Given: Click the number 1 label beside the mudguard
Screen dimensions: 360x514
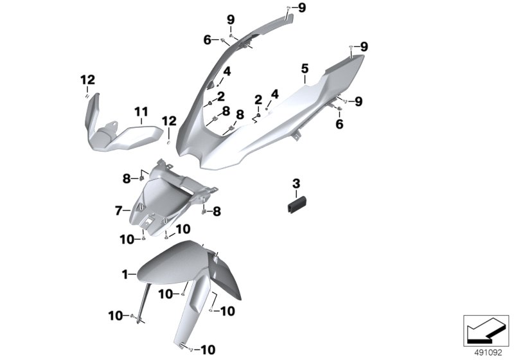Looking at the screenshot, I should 125,274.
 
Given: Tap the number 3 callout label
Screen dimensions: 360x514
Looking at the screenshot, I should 296,184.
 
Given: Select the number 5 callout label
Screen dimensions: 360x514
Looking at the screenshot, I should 305,68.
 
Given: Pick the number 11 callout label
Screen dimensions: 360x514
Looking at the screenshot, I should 141,113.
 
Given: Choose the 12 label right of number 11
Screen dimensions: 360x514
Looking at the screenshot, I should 168,120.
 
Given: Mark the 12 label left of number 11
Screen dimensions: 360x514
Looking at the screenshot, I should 87,80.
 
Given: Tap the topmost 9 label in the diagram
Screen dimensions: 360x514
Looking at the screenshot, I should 302,7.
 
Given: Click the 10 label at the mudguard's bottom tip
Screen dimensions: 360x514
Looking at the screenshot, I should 208,350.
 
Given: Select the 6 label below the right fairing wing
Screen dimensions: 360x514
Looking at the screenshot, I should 340,124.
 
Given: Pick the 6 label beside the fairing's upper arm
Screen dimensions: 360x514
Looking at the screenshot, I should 208,40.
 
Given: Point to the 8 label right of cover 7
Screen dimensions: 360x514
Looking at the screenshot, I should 217,210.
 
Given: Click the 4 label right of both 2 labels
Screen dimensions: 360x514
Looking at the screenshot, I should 274,94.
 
